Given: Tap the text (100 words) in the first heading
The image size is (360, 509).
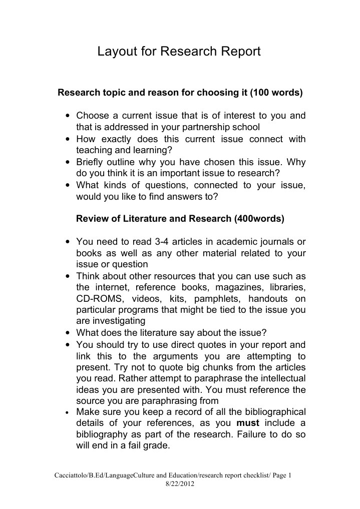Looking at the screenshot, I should pyautogui.click(x=276, y=93).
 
